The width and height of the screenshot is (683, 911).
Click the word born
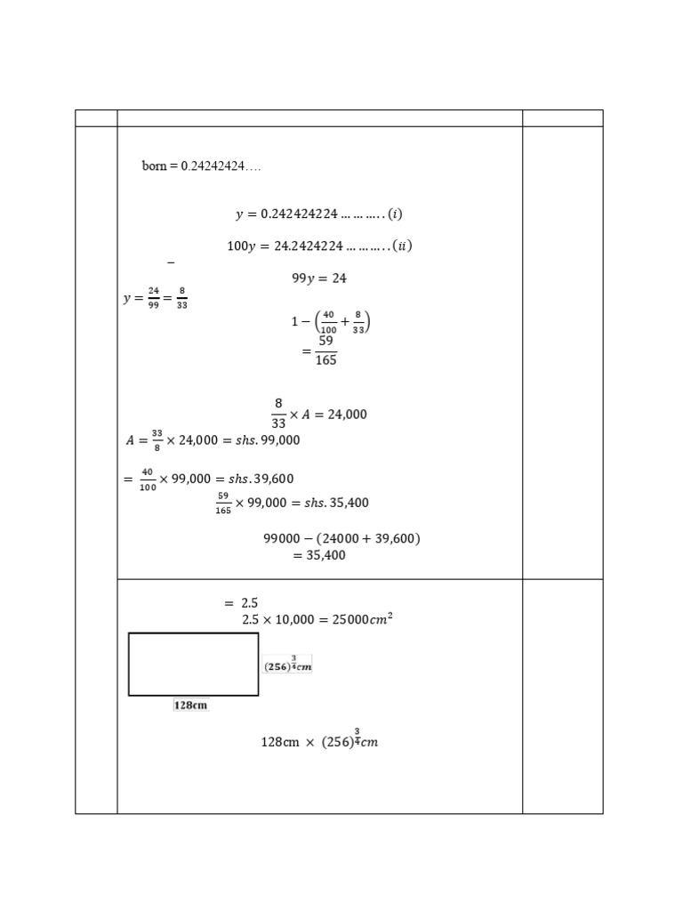point(154,166)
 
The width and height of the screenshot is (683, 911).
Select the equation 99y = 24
point(319,278)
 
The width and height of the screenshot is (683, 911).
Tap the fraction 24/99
point(153,298)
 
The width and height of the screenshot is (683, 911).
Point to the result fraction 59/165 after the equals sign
point(325,350)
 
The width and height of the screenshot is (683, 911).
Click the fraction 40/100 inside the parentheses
point(328,323)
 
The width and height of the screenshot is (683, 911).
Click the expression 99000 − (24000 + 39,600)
point(341,538)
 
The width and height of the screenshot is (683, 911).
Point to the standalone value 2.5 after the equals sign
point(249,603)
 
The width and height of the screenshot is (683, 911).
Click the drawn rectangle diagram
point(193,664)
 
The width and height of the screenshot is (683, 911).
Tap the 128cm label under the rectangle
point(190,705)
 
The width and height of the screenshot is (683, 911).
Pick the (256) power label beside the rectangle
point(287,665)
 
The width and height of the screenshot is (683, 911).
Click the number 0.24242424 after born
point(221,166)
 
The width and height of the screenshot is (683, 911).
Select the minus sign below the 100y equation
point(171,262)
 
